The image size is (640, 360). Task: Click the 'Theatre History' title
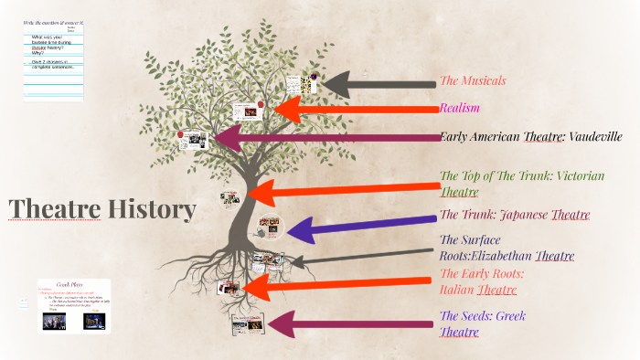pos(102,209)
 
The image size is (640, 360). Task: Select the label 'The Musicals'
pos(473,80)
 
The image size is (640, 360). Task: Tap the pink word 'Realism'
pos(460,109)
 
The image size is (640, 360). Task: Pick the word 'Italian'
pos(457,290)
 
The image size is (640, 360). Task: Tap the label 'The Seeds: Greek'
pos(483,316)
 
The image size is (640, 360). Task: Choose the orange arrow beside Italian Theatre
pos(338,287)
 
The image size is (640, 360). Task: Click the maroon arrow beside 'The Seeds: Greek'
pos(347,324)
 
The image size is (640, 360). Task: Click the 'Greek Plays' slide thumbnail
pos(74,306)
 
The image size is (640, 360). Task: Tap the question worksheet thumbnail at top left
pos(52,59)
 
